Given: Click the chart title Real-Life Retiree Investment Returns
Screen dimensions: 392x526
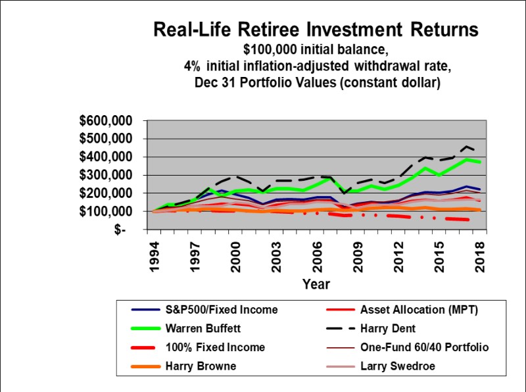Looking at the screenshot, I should click(x=316, y=30).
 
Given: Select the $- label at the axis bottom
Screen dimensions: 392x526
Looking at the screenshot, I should click(x=124, y=230).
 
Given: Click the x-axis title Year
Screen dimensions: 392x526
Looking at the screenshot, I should click(x=316, y=284).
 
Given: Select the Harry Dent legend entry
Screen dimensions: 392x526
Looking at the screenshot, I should click(x=391, y=328).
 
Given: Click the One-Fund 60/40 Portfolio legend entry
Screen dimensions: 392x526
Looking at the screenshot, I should click(x=424, y=346).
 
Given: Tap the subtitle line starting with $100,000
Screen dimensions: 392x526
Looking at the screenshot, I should click(x=316, y=49).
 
